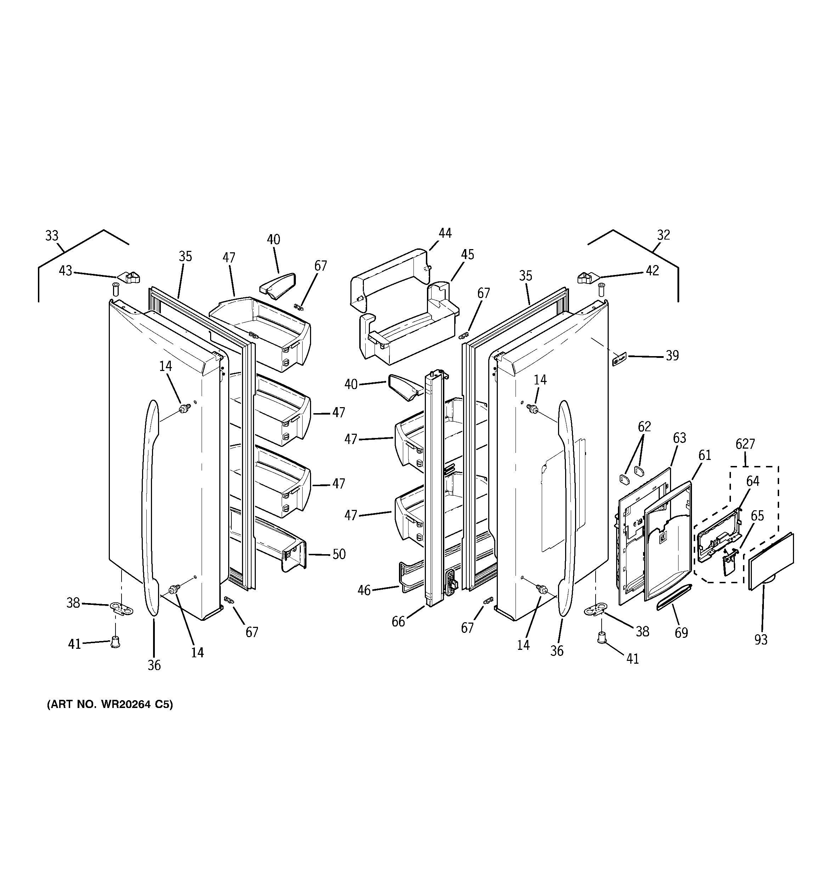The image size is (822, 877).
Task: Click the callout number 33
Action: click(x=52, y=236)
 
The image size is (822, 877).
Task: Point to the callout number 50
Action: click(x=338, y=555)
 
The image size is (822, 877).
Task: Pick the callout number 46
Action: click(x=364, y=590)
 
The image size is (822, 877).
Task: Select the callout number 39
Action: click(x=672, y=355)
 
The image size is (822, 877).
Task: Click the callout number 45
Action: click(x=467, y=254)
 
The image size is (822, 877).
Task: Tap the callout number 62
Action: click(x=644, y=427)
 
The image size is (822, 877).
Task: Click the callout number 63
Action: click(x=680, y=438)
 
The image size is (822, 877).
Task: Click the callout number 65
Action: click(x=757, y=516)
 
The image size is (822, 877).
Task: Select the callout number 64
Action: click(x=753, y=481)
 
